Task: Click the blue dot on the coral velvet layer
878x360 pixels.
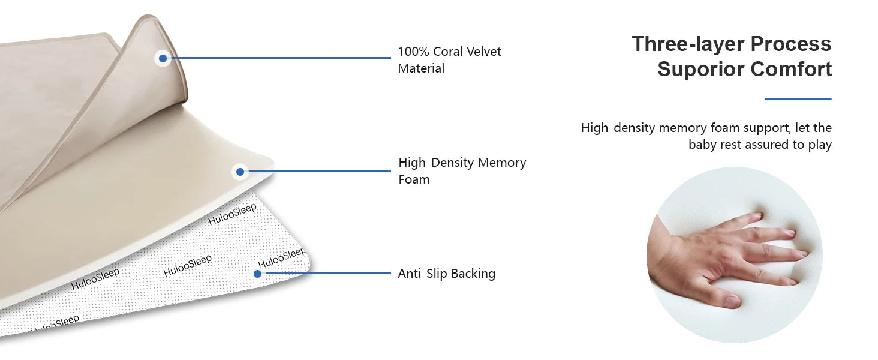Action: [163, 58]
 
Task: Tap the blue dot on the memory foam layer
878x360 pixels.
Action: [240, 172]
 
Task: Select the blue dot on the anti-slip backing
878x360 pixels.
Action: [257, 274]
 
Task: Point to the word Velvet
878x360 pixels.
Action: [485, 52]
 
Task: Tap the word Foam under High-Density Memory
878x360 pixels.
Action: [414, 179]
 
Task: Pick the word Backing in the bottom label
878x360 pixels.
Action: [473, 274]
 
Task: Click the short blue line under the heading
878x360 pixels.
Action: [798, 99]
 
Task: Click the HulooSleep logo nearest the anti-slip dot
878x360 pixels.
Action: [281, 257]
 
